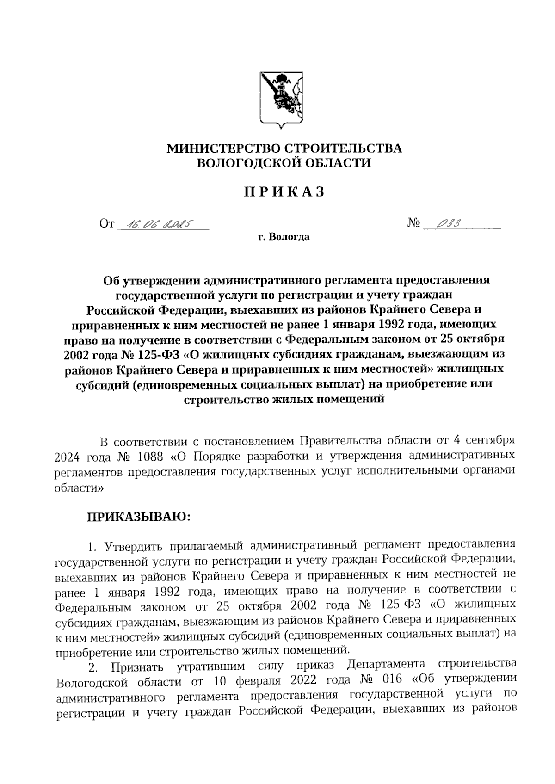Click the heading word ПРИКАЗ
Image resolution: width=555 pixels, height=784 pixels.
[x=284, y=192]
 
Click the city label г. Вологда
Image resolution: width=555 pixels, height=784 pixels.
[x=284, y=238]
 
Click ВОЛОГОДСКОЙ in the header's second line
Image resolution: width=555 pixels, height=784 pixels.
[x=251, y=163]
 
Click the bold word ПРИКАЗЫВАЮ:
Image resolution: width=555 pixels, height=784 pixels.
[x=139, y=517]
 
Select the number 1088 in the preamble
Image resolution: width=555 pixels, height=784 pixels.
[x=150, y=457]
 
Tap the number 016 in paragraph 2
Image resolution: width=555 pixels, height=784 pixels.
[x=393, y=681]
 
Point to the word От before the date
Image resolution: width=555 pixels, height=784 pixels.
[x=107, y=225]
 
